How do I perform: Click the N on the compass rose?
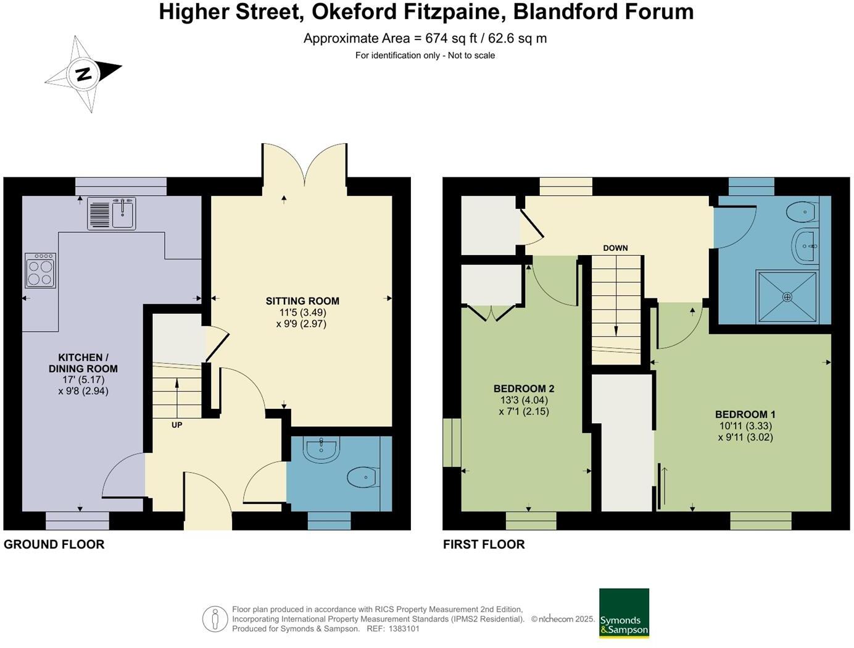pyautogui.click(x=84, y=74)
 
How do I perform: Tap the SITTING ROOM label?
pyautogui.click(x=302, y=301)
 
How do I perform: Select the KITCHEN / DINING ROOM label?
pyautogui.click(x=83, y=363)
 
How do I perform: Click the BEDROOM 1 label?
pyautogui.click(x=745, y=414)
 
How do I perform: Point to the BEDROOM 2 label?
pyautogui.click(x=524, y=389)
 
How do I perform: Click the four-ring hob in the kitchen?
pyautogui.click(x=41, y=271)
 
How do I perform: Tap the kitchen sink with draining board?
pyautogui.click(x=112, y=213)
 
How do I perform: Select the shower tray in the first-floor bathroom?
pyautogui.click(x=787, y=297)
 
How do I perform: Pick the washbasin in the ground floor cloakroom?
pyautogui.click(x=321, y=450)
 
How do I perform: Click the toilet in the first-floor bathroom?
pyautogui.click(x=803, y=212)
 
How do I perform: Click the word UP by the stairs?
pyautogui.click(x=176, y=425)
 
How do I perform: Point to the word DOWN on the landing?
pyautogui.click(x=615, y=248)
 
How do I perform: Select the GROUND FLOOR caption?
pyautogui.click(x=54, y=544)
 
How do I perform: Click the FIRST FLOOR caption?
pyautogui.click(x=484, y=544)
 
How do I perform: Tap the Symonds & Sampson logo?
pyautogui.click(x=624, y=613)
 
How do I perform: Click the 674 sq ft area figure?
pyautogui.click(x=451, y=38)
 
